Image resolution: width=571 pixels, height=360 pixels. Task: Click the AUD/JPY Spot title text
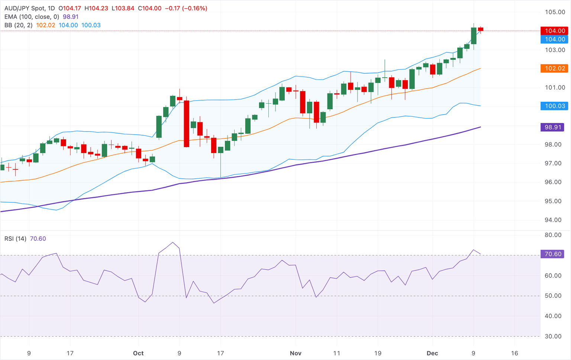tap(24, 8)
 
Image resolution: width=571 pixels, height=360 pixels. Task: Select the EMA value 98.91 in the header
tap(71, 17)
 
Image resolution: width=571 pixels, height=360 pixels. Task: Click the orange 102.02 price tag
tap(555, 68)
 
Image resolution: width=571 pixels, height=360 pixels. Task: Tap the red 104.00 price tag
tap(555, 31)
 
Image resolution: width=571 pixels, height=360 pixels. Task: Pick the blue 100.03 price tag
tap(555, 106)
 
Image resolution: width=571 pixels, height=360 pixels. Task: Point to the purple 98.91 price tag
tap(552, 127)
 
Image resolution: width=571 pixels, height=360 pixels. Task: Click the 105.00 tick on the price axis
tap(555, 12)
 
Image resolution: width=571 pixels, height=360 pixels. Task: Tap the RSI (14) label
tap(15, 239)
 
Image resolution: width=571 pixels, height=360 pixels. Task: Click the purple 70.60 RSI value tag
tap(552, 254)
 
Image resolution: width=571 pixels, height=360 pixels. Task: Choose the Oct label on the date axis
tap(138, 353)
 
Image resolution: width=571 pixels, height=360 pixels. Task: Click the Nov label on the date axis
tap(296, 353)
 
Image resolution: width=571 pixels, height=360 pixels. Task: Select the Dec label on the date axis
tap(432, 353)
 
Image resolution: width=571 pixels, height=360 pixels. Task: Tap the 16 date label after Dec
tap(514, 353)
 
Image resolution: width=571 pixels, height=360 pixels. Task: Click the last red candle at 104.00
tap(481, 29)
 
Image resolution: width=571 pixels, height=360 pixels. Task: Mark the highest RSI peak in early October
tap(172, 243)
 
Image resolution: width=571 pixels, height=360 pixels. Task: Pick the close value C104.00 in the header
tap(150, 8)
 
